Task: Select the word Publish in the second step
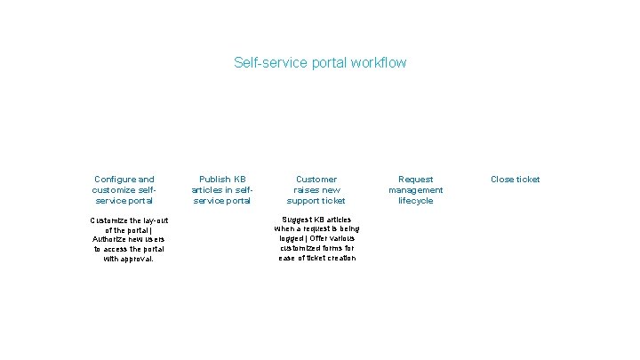point(214,180)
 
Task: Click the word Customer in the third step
point(316,180)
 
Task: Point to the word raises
point(306,190)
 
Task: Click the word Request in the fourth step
point(416,180)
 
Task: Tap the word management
point(416,190)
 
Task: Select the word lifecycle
point(416,201)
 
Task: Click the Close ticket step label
point(516,180)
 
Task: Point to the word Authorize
point(111,239)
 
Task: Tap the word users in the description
point(152,239)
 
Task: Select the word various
point(345,239)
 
